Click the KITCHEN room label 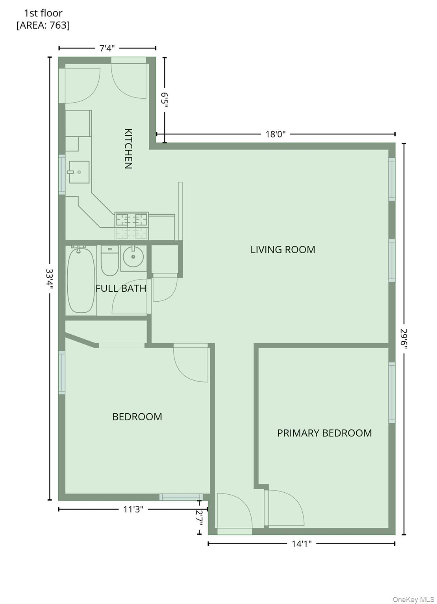coord(128,148)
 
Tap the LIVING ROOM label coord(283,250)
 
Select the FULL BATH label coord(121,288)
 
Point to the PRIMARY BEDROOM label coord(324,433)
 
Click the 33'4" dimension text coord(50,279)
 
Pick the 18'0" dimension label coord(275,134)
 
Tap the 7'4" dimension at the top coord(107,48)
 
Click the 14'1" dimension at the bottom coord(302,544)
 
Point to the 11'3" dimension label coord(133,510)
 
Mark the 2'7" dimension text coord(200,517)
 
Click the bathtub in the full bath coord(81,280)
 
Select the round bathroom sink coord(133,257)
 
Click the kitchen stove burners coord(131,220)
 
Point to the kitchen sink coord(79,172)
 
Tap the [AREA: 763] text coord(43,26)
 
